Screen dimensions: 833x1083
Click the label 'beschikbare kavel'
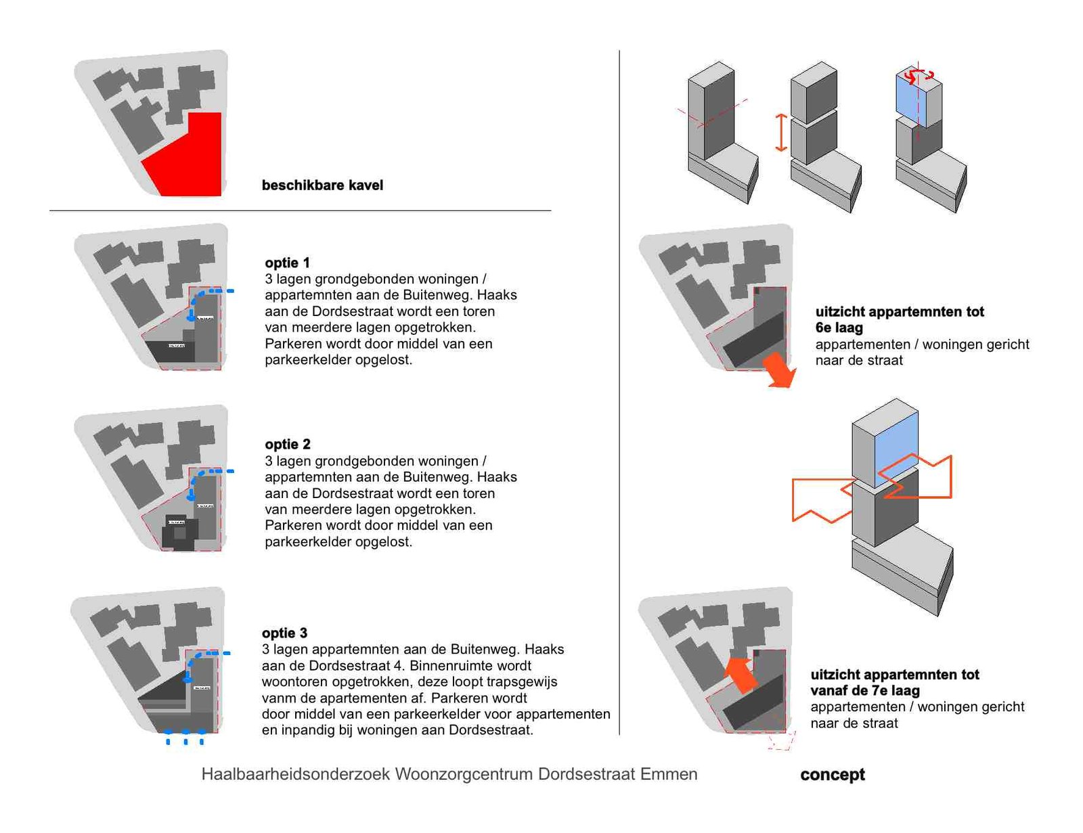[322, 185]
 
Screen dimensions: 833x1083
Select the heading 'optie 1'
[287, 263]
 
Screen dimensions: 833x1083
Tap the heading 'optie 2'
[287, 444]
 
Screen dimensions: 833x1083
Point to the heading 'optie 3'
[284, 633]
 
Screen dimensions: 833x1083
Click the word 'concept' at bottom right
[832, 775]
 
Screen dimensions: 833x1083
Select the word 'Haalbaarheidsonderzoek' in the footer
[295, 774]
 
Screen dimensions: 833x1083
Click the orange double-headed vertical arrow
[780, 133]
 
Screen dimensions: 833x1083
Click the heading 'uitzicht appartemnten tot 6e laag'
[899, 319]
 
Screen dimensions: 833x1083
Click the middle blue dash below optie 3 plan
[185, 738]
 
